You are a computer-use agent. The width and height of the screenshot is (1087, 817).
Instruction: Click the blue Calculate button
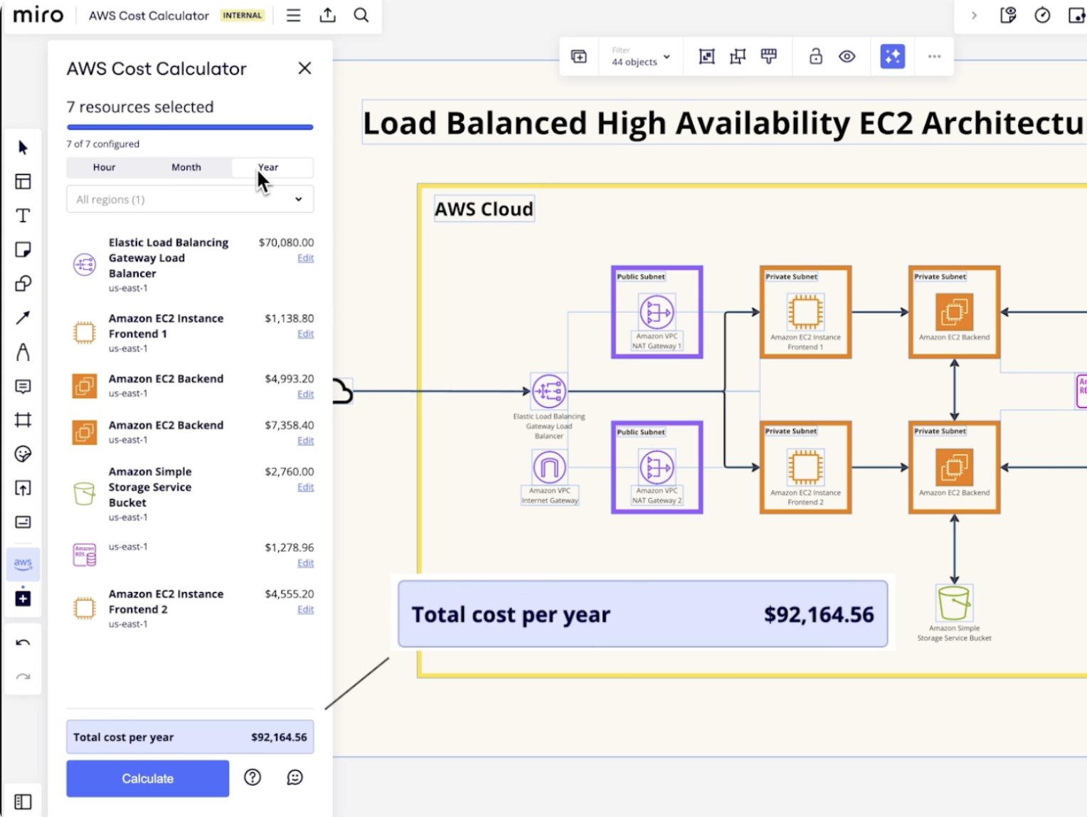click(x=147, y=778)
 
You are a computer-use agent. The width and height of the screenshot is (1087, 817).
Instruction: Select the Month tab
click(x=186, y=167)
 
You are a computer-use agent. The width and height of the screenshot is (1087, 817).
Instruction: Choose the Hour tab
click(x=104, y=167)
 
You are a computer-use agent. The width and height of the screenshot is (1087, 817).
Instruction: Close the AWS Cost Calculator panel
click(x=304, y=68)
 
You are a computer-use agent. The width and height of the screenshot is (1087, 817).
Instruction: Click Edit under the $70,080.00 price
click(x=305, y=258)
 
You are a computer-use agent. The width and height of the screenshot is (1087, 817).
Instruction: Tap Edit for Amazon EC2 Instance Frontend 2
click(x=305, y=609)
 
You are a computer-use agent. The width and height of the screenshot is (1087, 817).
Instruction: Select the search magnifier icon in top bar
click(x=361, y=15)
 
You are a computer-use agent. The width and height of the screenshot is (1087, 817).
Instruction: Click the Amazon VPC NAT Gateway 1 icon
click(x=657, y=312)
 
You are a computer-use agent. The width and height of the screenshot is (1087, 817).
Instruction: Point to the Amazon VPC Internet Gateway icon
click(x=549, y=468)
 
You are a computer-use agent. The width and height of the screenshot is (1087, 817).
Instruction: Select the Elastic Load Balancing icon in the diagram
click(x=549, y=391)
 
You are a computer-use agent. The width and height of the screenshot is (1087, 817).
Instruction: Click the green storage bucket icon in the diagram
click(x=953, y=603)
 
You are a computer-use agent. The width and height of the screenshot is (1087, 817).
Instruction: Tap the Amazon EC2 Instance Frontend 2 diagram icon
click(x=805, y=468)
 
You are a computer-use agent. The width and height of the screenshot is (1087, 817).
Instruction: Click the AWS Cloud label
click(x=484, y=209)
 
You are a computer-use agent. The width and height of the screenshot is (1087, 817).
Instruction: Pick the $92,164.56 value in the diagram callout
click(x=819, y=614)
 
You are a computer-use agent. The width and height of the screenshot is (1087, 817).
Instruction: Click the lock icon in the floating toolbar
click(x=816, y=56)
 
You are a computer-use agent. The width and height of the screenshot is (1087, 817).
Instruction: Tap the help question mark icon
click(x=253, y=777)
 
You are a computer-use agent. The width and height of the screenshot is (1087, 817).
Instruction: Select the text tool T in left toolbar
click(x=23, y=216)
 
